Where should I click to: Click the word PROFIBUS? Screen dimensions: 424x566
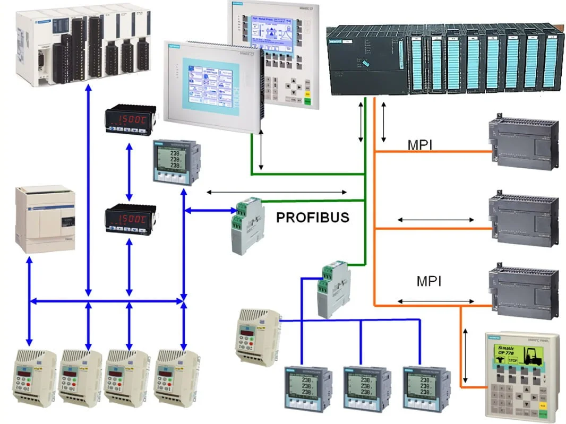[312, 217]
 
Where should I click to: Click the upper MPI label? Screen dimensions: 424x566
[419, 145]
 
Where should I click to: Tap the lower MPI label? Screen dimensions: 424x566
[429, 281]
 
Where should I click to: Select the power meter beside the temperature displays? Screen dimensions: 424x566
[173, 162]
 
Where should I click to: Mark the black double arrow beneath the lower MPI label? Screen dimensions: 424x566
[435, 301]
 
